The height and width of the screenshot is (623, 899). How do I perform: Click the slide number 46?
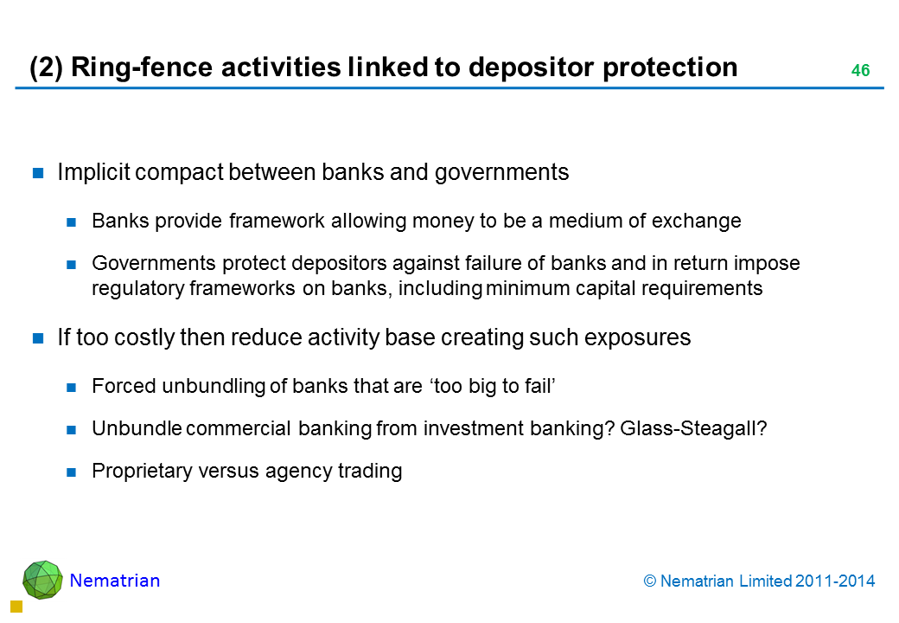point(861,71)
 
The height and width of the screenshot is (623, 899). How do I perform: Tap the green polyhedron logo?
point(42,580)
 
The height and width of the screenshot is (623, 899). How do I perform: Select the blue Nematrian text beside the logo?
point(115,581)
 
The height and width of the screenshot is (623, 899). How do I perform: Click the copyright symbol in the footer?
point(649,581)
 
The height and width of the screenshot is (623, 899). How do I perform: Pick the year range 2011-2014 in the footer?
point(835,581)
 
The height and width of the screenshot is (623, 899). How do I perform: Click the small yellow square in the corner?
point(16,607)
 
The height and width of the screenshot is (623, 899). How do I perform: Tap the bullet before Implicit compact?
point(38,173)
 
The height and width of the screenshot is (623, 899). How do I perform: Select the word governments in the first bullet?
point(501,173)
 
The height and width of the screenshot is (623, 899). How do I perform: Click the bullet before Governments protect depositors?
point(71,265)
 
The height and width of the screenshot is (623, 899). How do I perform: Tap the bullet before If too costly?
point(38,337)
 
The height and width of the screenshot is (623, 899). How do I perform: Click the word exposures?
point(638,337)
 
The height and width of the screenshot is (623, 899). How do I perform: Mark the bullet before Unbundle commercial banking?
point(71,430)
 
